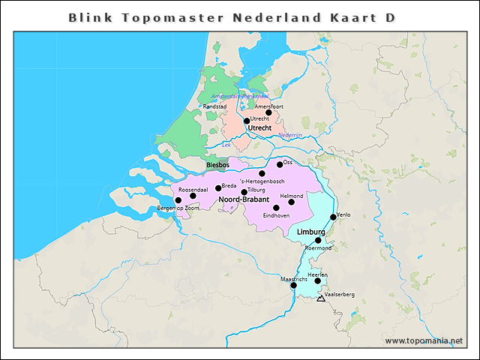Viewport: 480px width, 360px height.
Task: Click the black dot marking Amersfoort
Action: pos(268,112)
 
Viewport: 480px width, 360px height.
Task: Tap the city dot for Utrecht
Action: pos(247,121)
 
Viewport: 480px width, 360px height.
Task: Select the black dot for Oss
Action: pos(280,164)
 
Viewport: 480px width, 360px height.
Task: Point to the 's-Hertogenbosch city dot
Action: pos(262,173)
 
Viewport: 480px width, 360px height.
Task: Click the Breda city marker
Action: pos(218,188)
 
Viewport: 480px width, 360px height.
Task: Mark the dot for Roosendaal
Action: pos(193,196)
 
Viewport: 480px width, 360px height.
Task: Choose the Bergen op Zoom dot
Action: pos(178,200)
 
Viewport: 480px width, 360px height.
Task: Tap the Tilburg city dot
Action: pos(244,192)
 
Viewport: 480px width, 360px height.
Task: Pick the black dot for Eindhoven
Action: pos(276,208)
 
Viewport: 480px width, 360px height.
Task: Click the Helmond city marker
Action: pos(292,202)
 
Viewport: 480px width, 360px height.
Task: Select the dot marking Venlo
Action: pos(333,217)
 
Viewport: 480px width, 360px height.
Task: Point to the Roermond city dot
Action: pos(318,241)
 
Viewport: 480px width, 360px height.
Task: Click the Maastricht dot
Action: pos(293,285)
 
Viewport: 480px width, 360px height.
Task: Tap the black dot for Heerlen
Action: pos(317,281)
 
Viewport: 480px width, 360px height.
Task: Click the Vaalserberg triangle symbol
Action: pos(321,298)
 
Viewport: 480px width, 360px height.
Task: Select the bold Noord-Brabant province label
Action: pos(244,200)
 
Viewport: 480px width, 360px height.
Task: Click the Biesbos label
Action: pos(217,165)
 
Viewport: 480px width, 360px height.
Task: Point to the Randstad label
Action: pos(215,106)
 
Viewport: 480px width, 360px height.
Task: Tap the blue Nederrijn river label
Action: pos(289,135)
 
